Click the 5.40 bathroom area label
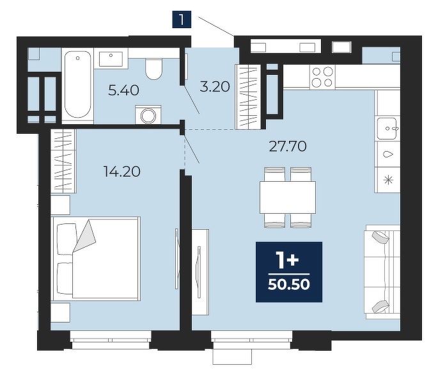coord(124,90)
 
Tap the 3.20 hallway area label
coord(215,86)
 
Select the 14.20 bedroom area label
coord(121,172)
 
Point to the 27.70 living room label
coord(288,147)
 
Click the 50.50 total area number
coord(288,284)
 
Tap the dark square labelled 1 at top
coord(182,20)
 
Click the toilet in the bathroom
coord(153,69)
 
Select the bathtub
coord(77,85)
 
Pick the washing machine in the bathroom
coord(148,115)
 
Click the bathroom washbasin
coord(111,58)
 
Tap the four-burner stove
coord(322,77)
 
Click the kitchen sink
coord(387,129)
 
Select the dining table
coord(288,197)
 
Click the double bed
coord(96,259)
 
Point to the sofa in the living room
coord(382,272)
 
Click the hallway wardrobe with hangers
coord(248,97)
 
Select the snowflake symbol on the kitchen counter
coord(388,180)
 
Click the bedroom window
coord(111,340)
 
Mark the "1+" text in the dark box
coord(287,260)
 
